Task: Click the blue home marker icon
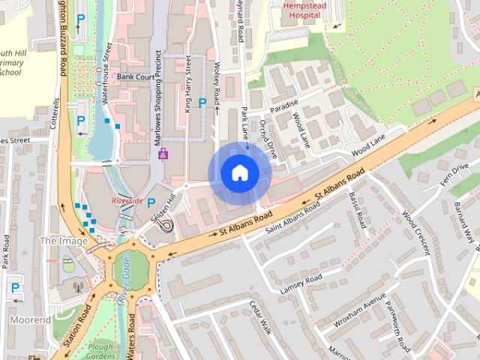click(x=239, y=173)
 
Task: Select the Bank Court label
click(x=135, y=77)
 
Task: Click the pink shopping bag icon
click(x=163, y=154)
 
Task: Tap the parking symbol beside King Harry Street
click(x=202, y=103)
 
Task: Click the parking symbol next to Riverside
click(x=151, y=202)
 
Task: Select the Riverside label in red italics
click(x=127, y=202)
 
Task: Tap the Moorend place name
click(x=31, y=319)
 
